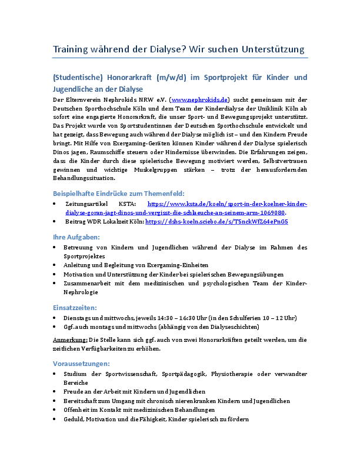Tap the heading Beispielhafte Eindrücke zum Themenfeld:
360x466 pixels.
click(x=119, y=193)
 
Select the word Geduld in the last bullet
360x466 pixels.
click(x=74, y=420)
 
